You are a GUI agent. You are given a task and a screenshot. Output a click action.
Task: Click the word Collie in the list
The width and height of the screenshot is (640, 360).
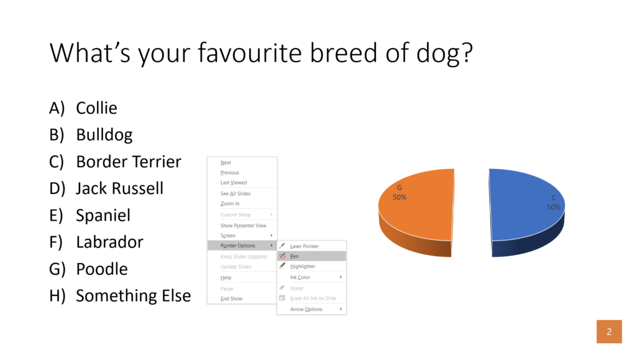pos(96,108)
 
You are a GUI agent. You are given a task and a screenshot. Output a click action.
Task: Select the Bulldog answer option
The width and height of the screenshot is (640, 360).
pos(104,134)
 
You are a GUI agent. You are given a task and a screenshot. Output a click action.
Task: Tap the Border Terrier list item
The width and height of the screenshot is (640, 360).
pos(128,162)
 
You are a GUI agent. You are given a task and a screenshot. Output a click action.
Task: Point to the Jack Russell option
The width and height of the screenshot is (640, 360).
pos(119,188)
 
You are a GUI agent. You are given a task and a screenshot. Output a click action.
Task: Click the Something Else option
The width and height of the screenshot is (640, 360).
pos(133,296)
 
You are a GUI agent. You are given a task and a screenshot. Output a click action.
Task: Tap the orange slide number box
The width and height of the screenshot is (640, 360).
pos(609,331)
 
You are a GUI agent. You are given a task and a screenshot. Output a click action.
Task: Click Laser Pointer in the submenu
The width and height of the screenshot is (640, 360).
pos(304,246)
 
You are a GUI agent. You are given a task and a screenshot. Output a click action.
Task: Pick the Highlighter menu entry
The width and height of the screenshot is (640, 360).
pos(303,266)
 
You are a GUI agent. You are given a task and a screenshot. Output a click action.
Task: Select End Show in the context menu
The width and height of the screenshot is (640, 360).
pos(231,298)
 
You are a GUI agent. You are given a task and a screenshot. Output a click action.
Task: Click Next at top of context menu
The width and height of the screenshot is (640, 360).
pos(226,162)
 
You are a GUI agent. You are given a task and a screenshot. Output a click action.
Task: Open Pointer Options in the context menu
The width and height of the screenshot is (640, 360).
pos(239,246)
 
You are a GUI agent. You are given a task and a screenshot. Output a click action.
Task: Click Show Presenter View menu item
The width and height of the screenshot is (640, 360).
pos(243,225)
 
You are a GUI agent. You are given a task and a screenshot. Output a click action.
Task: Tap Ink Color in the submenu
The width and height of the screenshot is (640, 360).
pos(300,277)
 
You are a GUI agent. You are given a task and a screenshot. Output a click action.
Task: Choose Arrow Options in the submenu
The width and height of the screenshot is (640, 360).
pos(306,309)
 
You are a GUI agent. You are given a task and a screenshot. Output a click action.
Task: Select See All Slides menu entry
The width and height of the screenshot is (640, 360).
pos(235,193)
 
